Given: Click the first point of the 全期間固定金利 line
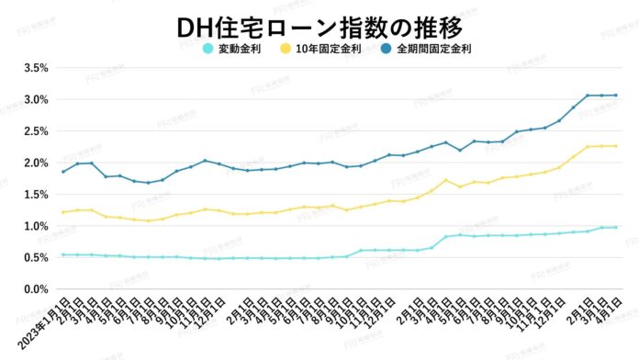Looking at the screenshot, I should (x=63, y=172).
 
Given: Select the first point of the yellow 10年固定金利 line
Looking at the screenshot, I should (x=63, y=212).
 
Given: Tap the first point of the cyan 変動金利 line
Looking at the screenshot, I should (x=63, y=255).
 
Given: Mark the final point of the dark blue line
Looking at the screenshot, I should (x=615, y=96).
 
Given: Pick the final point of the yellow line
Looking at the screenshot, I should (x=615, y=146).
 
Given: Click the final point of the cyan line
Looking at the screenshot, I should (x=615, y=227).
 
